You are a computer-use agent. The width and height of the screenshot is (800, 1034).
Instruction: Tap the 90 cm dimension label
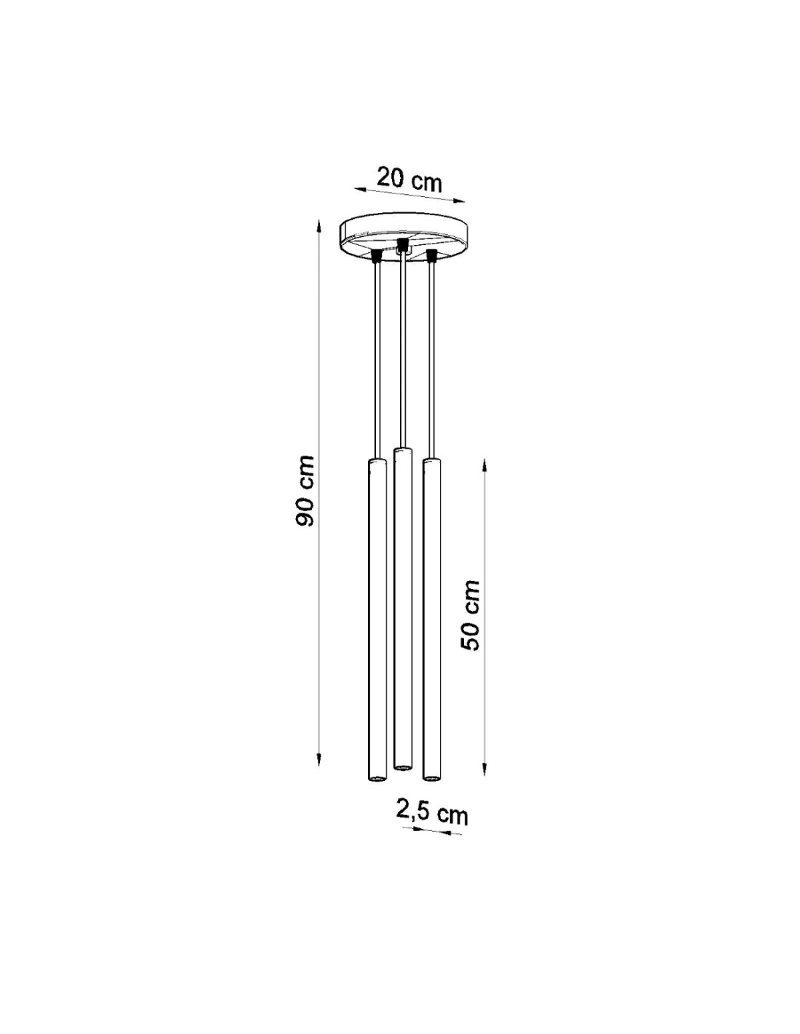pyautogui.click(x=304, y=491)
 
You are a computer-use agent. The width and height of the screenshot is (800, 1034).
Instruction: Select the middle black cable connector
pyautogui.click(x=403, y=244)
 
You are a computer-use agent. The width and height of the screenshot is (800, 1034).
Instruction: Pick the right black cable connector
pyautogui.click(x=432, y=256)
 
